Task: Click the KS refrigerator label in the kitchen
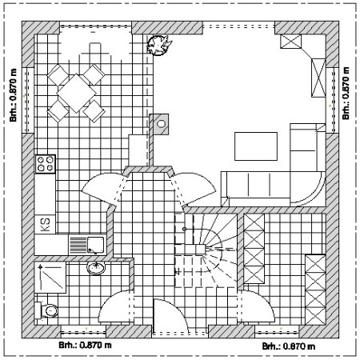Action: (x=45, y=225)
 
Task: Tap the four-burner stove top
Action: (x=46, y=164)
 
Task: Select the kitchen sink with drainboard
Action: (x=87, y=245)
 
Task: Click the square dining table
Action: (x=76, y=93)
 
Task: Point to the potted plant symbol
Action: (x=158, y=45)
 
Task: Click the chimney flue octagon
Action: (x=161, y=124)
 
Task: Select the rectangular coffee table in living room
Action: (x=256, y=146)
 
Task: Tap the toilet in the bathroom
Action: (x=46, y=310)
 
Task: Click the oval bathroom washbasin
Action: (x=96, y=267)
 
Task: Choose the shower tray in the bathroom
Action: (x=50, y=278)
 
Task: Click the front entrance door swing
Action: (x=170, y=316)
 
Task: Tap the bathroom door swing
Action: (x=115, y=306)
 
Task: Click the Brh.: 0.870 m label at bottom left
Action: (x=85, y=345)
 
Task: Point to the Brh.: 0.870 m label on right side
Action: (x=346, y=93)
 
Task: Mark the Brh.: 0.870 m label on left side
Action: (x=14, y=95)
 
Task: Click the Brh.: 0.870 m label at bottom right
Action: (x=289, y=346)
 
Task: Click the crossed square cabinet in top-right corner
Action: (x=290, y=42)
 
